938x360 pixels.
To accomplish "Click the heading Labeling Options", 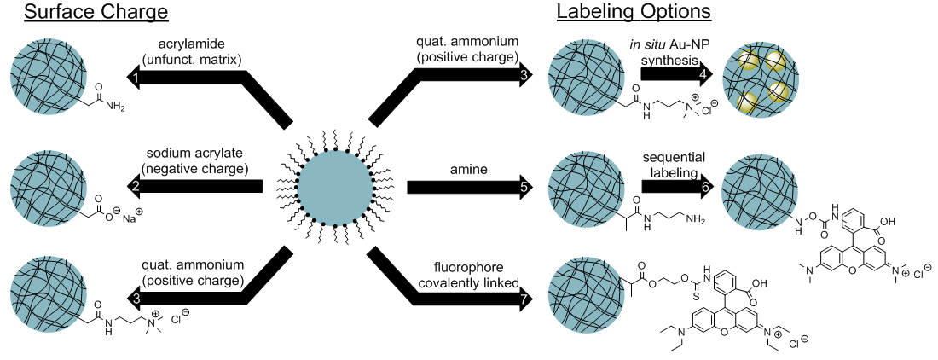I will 634,13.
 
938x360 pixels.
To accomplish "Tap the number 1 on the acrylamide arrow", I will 135,78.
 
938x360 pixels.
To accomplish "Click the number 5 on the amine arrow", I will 524,186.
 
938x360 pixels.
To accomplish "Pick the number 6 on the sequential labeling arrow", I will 703,186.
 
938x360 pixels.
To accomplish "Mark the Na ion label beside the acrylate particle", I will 128,220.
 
